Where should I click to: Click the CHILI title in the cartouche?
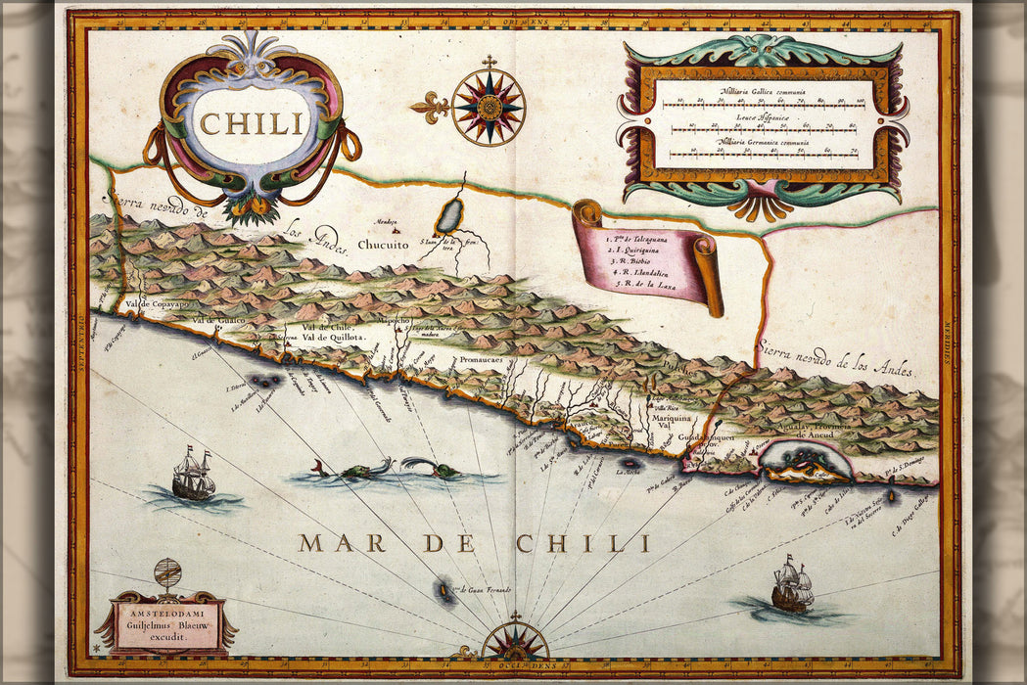(x=252, y=123)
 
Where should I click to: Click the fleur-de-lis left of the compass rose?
(x=430, y=106)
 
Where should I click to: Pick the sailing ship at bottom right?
(x=792, y=585)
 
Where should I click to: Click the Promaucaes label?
(x=481, y=360)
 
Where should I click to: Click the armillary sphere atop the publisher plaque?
(x=167, y=573)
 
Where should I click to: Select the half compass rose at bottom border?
(x=515, y=641)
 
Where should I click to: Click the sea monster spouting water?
(x=434, y=468)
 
